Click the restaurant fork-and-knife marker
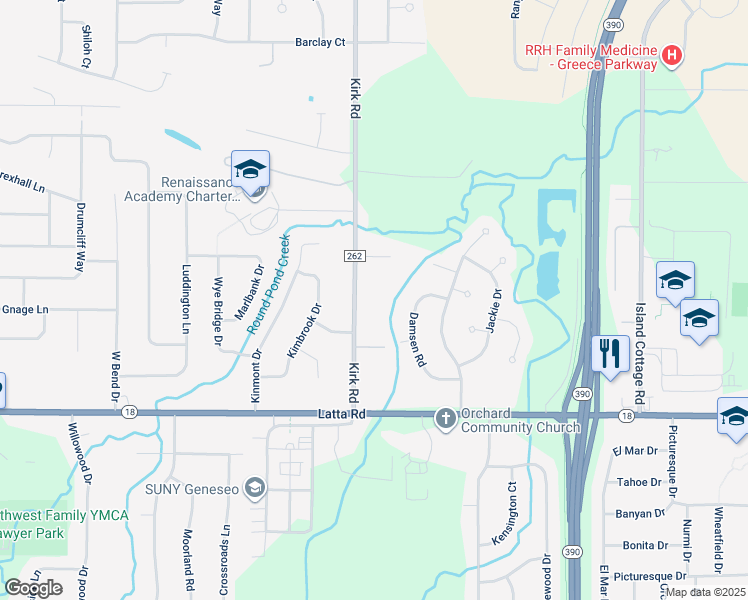(608, 353)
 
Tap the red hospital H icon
(672, 54)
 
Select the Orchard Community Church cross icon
(446, 417)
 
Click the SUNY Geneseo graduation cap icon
(255, 488)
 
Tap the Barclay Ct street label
(319, 42)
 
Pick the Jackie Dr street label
(493, 311)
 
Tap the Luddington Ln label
(186, 299)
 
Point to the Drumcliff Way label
(80, 239)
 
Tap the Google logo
(33, 588)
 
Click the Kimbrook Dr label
(303, 331)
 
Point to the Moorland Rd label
(187, 560)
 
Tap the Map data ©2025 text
(704, 592)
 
